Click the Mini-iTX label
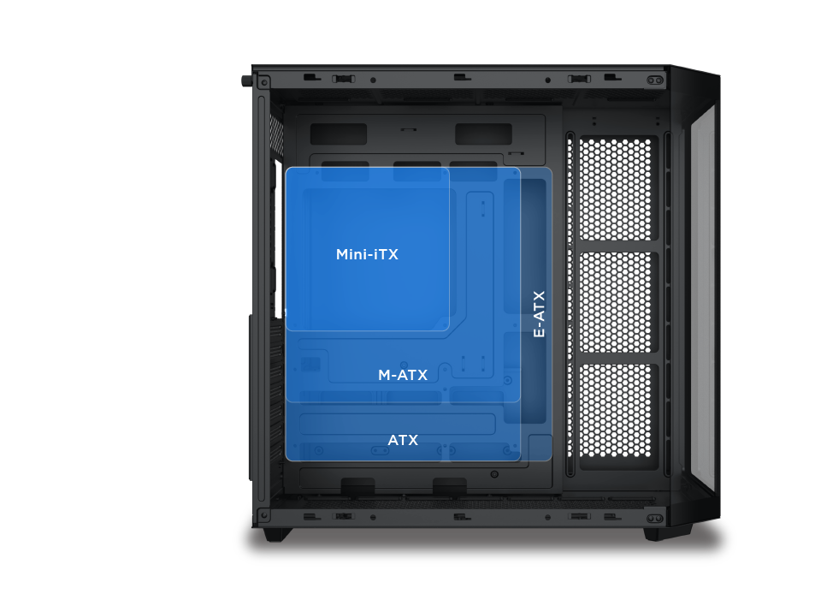367,255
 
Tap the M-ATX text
403,376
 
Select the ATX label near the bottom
403,441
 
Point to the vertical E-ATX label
539,313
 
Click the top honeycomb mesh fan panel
619,187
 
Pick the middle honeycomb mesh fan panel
619,302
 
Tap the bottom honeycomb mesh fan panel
619,416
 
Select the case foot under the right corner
657,533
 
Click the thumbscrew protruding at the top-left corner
246,80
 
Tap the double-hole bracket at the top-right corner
655,80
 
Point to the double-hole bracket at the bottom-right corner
655,519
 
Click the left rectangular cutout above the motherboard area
338,134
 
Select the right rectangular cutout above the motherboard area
483,134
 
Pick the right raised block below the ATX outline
450,486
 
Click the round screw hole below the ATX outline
494,474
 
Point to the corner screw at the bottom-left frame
264,516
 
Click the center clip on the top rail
461,77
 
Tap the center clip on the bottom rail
461,517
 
